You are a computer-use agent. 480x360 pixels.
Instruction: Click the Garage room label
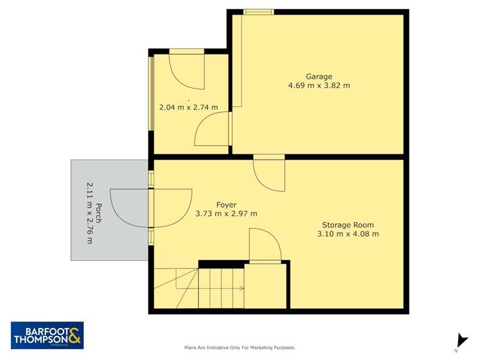point(319,76)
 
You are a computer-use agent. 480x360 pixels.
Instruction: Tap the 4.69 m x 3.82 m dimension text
point(319,85)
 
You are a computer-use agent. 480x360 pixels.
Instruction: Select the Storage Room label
point(348,225)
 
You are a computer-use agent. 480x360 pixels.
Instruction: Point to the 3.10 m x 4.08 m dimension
point(348,234)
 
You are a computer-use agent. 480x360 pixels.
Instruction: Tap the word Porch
point(99,212)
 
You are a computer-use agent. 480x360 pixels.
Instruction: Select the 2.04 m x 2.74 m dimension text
point(188,107)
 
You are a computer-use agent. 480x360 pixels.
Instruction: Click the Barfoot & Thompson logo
point(47,335)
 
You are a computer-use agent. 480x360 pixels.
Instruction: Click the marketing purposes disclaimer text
point(240,348)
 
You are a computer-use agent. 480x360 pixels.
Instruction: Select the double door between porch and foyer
point(152,208)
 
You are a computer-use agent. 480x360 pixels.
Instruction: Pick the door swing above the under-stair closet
point(263,247)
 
